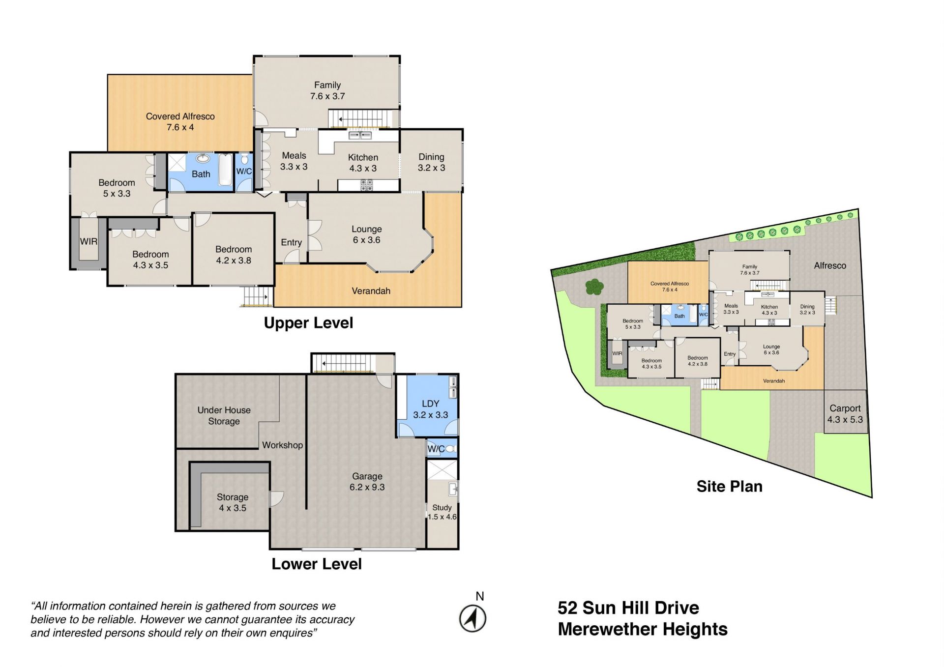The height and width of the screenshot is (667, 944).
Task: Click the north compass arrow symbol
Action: (472, 618)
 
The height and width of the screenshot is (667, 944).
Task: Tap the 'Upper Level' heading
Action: (308, 323)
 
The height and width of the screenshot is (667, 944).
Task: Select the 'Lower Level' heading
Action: (316, 564)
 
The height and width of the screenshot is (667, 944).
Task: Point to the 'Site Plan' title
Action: (729, 486)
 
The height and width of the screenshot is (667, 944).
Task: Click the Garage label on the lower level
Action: (367, 476)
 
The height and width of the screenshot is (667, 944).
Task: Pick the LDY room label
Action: (430, 404)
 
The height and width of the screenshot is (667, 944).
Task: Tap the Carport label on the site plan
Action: (845, 408)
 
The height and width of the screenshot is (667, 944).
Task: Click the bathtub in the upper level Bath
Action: (225, 170)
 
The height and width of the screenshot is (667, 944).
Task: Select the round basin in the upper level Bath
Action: (203, 158)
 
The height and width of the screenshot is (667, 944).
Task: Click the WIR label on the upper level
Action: (88, 241)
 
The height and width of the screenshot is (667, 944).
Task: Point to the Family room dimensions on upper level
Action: (327, 96)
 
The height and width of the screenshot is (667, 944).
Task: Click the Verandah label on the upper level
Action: (371, 291)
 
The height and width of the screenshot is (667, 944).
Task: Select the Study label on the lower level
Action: (442, 507)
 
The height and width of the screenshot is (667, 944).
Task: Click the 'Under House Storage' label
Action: (224, 415)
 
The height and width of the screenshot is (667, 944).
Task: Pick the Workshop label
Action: (282, 445)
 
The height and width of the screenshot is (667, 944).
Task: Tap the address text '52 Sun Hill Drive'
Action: (628, 608)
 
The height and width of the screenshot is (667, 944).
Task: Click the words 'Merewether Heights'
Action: (643, 629)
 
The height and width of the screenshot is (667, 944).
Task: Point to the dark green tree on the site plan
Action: (594, 286)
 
